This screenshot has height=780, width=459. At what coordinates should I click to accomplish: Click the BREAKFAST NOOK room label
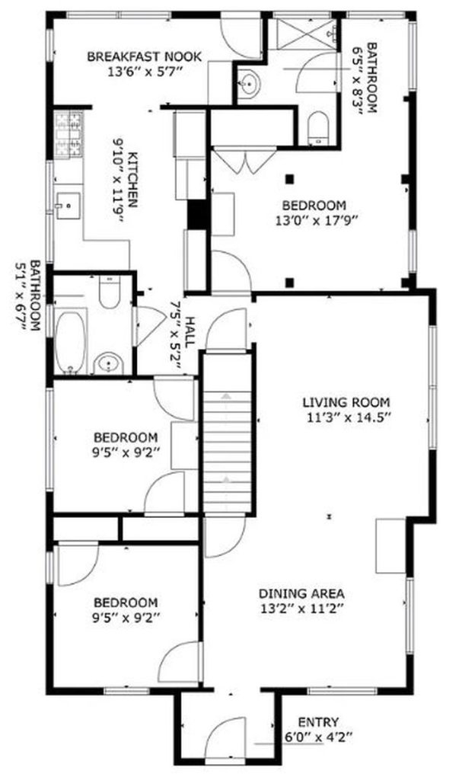tap(144, 56)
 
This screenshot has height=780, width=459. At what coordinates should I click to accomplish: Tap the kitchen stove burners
tap(69, 135)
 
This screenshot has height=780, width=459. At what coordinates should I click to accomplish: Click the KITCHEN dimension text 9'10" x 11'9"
tap(117, 181)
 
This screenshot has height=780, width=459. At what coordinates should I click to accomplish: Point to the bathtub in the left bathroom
tap(70, 340)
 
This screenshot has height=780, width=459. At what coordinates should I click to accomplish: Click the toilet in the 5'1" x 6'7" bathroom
tap(110, 292)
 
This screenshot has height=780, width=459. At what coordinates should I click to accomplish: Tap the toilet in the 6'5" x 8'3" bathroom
tap(318, 128)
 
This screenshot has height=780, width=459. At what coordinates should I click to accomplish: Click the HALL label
tap(190, 331)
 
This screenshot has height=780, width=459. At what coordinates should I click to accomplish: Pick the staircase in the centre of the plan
tap(228, 433)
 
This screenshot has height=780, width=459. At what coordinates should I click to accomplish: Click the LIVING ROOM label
tap(346, 402)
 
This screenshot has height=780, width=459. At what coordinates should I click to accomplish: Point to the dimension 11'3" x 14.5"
tap(346, 417)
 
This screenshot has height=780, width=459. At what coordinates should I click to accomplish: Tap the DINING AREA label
tap(301, 593)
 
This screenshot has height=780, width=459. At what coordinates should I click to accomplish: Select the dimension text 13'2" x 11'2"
tap(301, 608)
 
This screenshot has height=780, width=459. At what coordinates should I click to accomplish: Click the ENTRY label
tap(318, 722)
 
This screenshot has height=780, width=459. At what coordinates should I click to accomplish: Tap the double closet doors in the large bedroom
tap(244, 160)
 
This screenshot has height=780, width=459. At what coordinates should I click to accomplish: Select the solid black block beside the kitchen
tap(198, 214)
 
